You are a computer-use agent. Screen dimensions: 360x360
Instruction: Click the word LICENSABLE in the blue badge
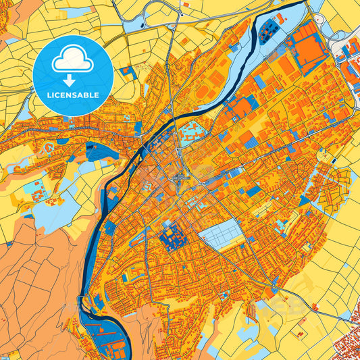point(72,95)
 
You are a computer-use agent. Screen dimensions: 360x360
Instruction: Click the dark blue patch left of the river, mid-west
point(101,152)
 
